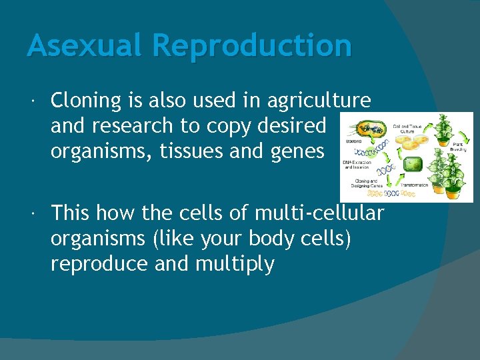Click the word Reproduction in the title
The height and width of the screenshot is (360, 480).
[251, 46]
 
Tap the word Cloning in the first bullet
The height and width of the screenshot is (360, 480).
[87, 101]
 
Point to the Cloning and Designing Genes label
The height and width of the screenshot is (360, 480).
[366, 182]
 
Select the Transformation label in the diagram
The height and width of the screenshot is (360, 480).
[414, 185]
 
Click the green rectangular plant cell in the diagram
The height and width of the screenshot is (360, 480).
[413, 164]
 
